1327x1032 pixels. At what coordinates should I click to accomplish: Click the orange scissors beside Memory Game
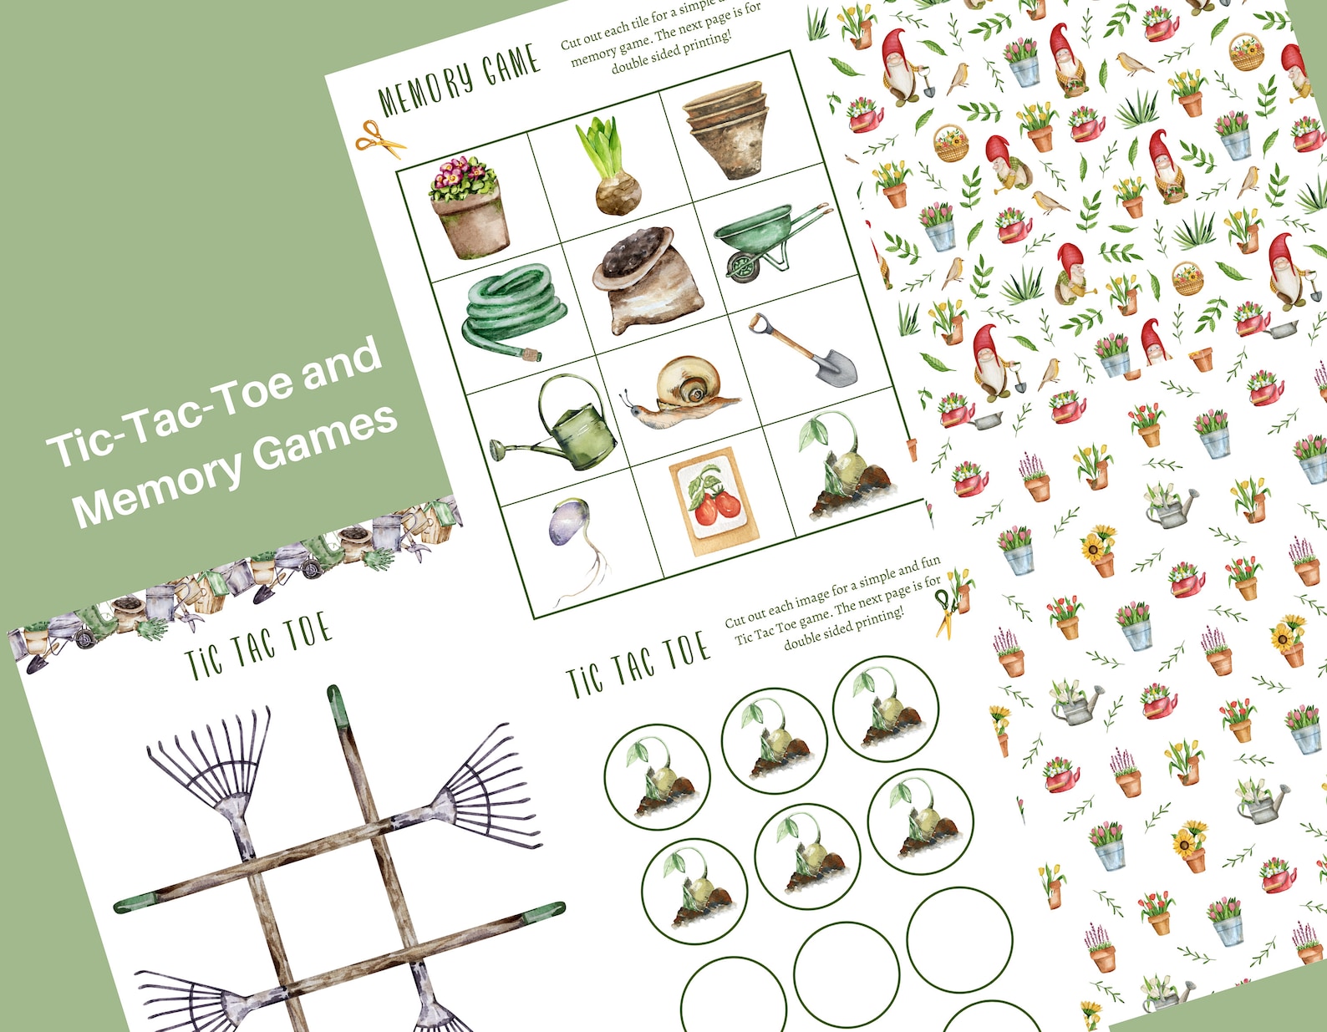coord(378,139)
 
